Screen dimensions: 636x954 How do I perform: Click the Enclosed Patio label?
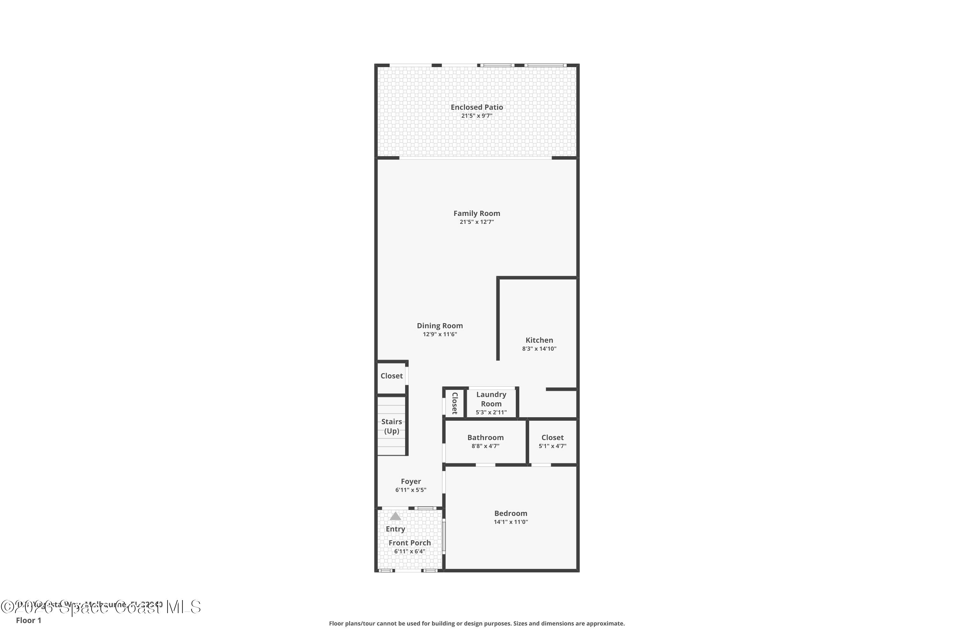(x=477, y=107)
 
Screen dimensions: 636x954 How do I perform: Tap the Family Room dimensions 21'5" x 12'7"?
(x=477, y=222)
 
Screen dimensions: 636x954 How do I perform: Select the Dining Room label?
(x=440, y=326)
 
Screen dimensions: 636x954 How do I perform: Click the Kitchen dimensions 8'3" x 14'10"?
(x=539, y=349)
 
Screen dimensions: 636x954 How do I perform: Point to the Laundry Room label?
(x=491, y=399)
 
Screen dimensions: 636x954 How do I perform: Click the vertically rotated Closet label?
(x=455, y=403)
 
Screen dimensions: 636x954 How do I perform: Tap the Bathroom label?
(x=485, y=437)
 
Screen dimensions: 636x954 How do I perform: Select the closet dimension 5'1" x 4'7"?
(x=552, y=446)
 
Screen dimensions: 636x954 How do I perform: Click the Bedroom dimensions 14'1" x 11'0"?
(x=511, y=522)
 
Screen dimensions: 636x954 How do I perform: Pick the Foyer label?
(x=411, y=481)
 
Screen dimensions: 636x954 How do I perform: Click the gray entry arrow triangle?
(x=396, y=516)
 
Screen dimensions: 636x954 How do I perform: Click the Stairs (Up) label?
(x=391, y=426)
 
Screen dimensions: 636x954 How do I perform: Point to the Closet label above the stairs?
(x=391, y=376)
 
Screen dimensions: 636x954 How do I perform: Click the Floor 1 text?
(x=28, y=620)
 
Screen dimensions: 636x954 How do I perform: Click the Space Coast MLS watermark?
(x=101, y=607)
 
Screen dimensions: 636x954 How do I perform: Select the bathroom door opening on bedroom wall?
(x=485, y=465)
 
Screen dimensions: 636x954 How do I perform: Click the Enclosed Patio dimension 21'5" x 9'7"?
(x=477, y=116)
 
